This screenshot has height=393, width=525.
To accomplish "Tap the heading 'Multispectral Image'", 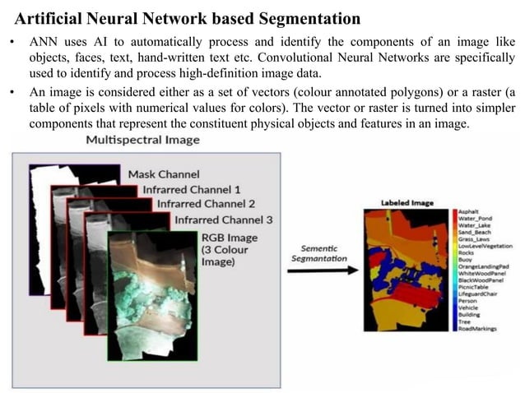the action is pyautogui.click(x=142, y=140).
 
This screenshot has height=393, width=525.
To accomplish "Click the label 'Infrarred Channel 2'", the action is pyautogui.click(x=206, y=204).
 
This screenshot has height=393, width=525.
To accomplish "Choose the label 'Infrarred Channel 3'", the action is pyautogui.click(x=224, y=220).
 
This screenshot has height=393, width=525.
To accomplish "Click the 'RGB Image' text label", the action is pyautogui.click(x=230, y=238).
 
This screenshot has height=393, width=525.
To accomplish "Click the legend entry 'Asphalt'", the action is pyautogui.click(x=469, y=211).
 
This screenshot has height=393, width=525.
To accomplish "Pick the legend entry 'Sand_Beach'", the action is pyautogui.click(x=475, y=232).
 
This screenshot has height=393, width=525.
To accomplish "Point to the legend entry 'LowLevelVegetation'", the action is pyautogui.click(x=486, y=246).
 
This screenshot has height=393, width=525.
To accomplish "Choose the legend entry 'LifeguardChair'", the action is pyautogui.click(x=480, y=294).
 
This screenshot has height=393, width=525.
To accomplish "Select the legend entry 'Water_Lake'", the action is pyautogui.click(x=474, y=225).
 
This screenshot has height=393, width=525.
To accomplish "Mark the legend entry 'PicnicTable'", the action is pyautogui.click(x=474, y=287).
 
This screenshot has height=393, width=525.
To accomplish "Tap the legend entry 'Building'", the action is pyautogui.click(x=470, y=314).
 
